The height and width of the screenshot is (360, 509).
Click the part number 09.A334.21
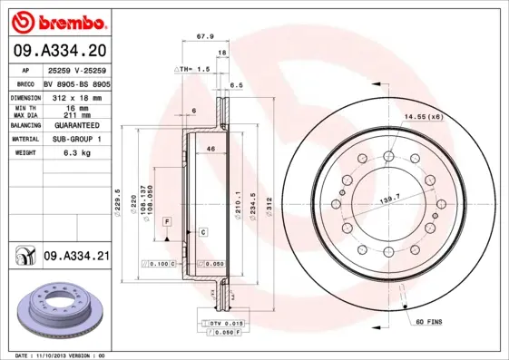tap(76, 257)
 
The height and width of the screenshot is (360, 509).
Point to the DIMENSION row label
tap(24, 96)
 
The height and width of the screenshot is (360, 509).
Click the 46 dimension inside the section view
tap(210, 148)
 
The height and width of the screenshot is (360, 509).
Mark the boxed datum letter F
tap(167, 221)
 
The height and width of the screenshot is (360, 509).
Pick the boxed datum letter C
tap(203, 232)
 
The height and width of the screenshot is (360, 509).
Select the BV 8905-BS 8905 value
tap(76, 82)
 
